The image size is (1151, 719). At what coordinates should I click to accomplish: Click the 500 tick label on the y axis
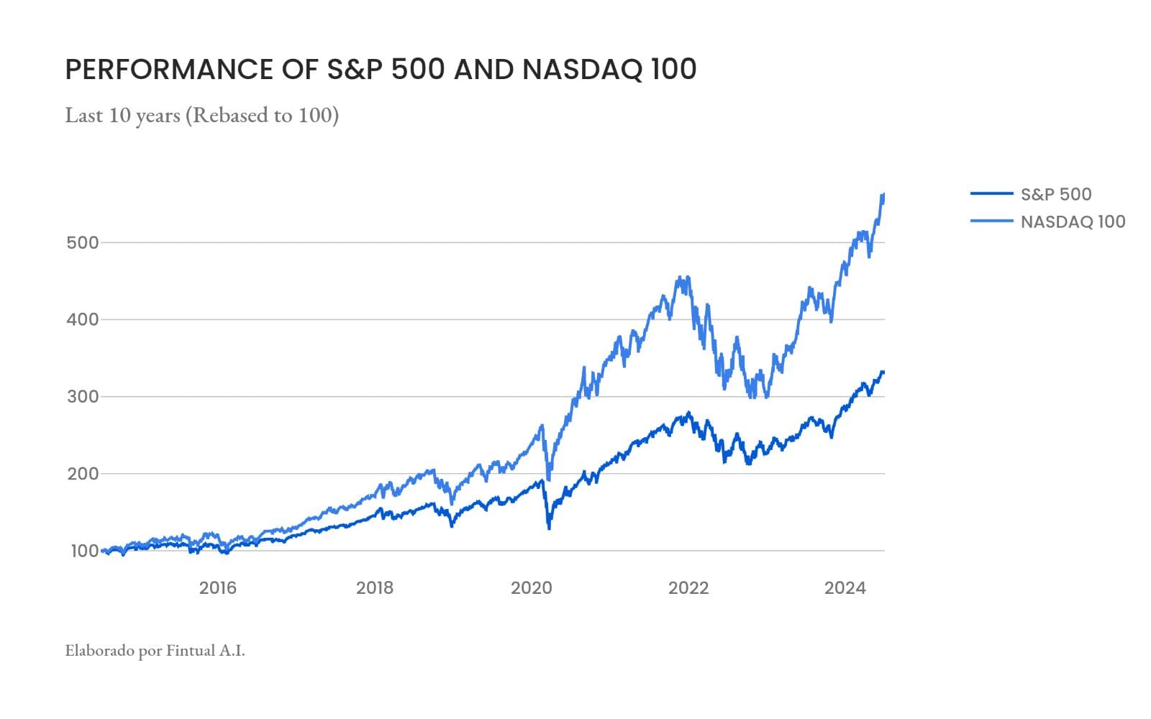82,243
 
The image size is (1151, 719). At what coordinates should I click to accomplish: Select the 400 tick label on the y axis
82,320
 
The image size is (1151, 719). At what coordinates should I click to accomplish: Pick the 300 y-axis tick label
82,397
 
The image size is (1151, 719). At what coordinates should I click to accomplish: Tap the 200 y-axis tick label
82,474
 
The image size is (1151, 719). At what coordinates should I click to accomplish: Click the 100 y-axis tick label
84,551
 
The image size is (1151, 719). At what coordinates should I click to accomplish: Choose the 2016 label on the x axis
217,588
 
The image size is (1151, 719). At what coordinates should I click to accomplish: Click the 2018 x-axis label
375,588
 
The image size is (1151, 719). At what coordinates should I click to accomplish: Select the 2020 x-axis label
532,588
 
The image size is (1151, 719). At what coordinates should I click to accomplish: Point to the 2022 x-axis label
688,588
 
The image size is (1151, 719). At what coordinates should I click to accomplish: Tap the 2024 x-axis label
845,588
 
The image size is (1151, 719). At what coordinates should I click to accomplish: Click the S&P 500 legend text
1056,194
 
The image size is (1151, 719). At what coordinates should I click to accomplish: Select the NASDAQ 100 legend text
1073,222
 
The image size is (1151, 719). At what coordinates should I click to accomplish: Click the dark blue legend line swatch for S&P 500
991,193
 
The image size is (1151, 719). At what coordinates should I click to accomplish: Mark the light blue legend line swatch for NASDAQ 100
991,221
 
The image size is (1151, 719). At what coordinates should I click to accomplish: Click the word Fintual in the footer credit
191,651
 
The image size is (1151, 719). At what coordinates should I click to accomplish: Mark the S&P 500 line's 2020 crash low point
550,528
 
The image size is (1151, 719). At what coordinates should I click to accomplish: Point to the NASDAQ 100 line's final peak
883,195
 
